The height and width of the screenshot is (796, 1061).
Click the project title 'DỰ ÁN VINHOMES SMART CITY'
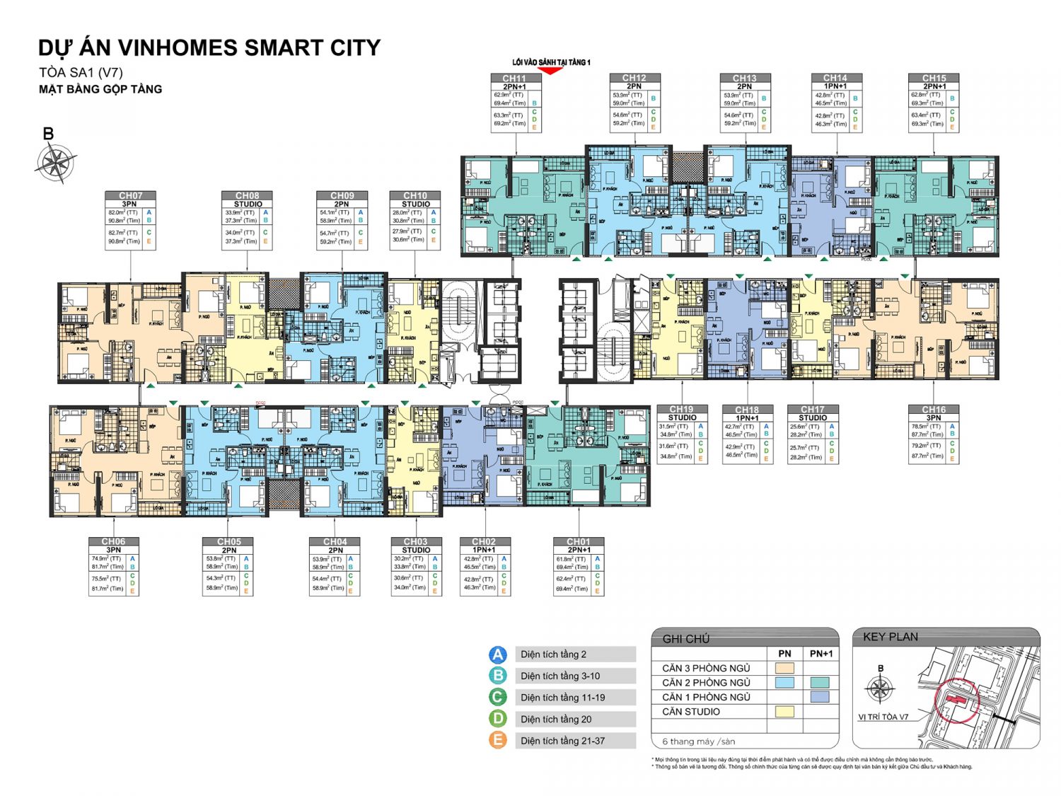tap(209, 48)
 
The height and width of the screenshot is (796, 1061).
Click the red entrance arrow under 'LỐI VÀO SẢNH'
tap(550, 71)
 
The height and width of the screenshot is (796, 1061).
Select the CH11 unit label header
tap(515, 79)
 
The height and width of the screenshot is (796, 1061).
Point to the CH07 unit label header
tap(130, 195)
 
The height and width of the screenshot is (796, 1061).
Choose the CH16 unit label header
tap(933, 410)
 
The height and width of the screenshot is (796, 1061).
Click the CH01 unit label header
tap(578, 541)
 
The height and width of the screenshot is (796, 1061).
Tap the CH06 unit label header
tap(113, 541)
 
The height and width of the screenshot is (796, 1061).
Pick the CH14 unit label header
tap(835, 78)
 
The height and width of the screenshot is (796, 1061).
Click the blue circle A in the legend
tap(498, 654)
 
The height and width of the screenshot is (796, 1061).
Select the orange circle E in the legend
tap(498, 740)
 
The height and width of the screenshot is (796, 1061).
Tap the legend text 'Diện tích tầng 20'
tap(556, 719)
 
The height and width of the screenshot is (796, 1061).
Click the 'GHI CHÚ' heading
tap(685, 639)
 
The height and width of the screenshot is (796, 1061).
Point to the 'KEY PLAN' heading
tap(890, 637)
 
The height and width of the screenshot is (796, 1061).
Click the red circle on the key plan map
tap(956, 700)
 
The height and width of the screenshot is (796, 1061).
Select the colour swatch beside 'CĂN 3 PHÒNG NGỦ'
tap(784, 668)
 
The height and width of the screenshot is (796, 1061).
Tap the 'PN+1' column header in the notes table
tap(821, 654)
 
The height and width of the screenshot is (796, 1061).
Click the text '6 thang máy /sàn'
tap(698, 742)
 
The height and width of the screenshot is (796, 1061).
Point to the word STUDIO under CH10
tap(415, 204)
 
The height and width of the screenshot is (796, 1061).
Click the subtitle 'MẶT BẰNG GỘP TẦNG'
tap(100, 89)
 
